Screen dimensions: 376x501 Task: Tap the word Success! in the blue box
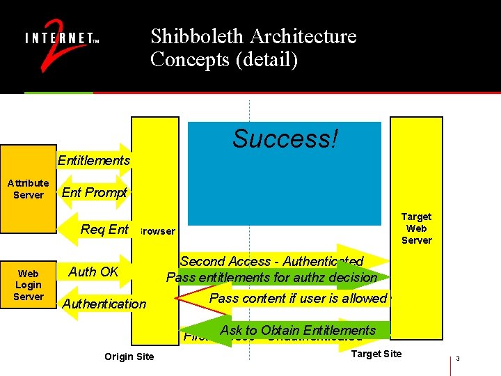[285, 139]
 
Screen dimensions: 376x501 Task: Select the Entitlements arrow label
[94, 161]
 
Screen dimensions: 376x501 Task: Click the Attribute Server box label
[28, 189]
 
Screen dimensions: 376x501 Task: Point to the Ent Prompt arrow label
[95, 193]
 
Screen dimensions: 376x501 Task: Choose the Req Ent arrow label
[105, 229]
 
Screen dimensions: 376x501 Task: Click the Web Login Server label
[29, 285]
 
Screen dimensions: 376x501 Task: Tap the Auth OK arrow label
[93, 272]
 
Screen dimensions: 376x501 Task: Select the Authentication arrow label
[104, 304]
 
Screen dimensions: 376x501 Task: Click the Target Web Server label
[416, 228]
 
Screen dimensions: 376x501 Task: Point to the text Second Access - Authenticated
[271, 262]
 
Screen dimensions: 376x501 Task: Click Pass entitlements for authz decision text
[271, 277]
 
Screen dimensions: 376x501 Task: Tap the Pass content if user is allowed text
[298, 298]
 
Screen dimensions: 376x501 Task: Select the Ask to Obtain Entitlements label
[298, 330]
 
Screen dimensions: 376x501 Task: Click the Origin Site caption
[129, 357]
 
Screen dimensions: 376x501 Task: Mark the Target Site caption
[376, 354]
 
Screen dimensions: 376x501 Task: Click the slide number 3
[459, 359]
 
